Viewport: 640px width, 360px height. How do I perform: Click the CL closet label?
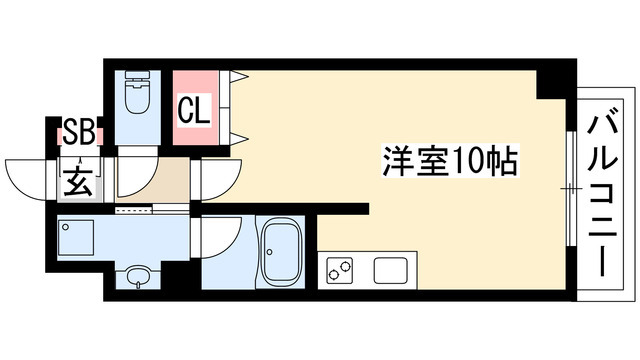click(x=194, y=110)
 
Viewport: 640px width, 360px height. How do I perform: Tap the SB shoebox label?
click(x=79, y=131)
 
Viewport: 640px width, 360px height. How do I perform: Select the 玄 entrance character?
click(x=78, y=181)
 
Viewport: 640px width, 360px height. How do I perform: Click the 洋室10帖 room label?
click(x=450, y=160)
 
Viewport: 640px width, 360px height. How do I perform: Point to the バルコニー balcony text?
click(x=601, y=195)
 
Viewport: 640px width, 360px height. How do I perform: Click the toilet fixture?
click(x=138, y=92)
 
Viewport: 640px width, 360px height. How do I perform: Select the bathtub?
click(x=281, y=251)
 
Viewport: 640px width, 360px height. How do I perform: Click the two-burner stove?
click(x=340, y=270)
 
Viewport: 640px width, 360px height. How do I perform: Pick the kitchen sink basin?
click(x=391, y=270)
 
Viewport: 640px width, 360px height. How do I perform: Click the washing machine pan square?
click(x=76, y=238)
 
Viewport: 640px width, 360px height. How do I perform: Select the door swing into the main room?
click(x=221, y=180)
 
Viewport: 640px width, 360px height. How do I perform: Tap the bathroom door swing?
click(x=221, y=238)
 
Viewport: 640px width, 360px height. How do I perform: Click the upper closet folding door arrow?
click(x=239, y=76)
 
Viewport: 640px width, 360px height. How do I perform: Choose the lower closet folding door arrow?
click(x=239, y=139)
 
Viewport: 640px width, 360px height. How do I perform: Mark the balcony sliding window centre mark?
click(x=571, y=189)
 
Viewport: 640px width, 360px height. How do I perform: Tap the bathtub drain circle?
click(x=270, y=251)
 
